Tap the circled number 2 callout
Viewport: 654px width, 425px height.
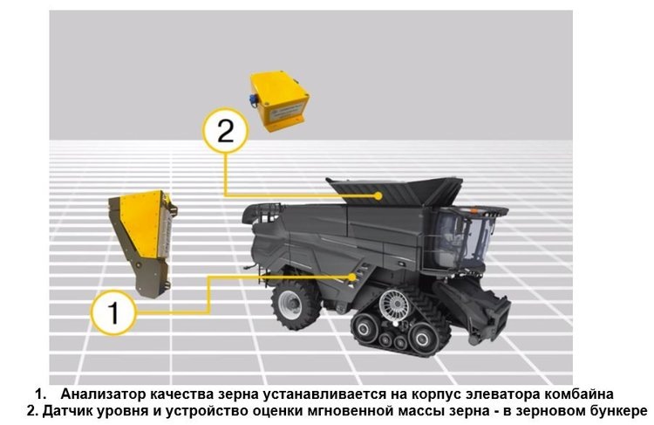point(225,132)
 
